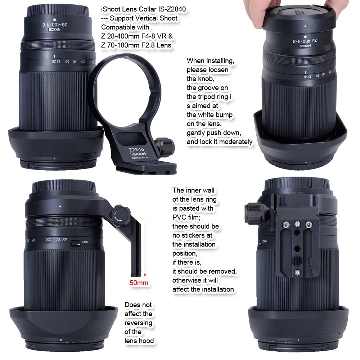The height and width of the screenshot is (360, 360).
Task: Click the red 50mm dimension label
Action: point(139,283)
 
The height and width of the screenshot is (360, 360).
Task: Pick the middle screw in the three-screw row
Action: point(297,224)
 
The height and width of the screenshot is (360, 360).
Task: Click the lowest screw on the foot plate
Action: point(297,272)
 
